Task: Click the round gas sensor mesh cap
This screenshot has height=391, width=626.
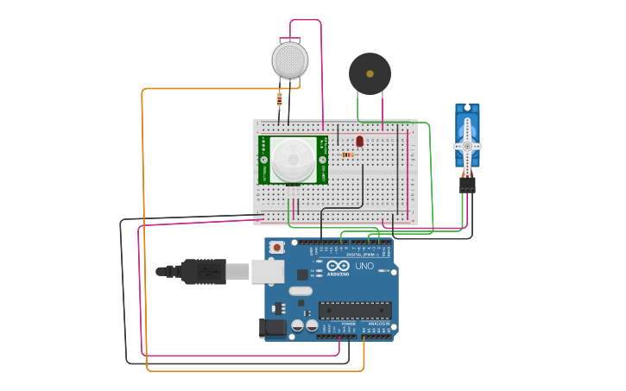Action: [289, 60]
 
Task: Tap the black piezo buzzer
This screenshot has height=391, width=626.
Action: [370, 74]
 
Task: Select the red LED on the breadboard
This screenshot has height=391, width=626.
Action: [360, 141]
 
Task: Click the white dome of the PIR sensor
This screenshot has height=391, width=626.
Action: [294, 160]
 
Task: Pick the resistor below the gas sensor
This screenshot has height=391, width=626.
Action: [279, 99]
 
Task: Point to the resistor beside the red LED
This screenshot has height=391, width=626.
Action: [348, 155]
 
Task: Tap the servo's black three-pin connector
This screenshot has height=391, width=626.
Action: [467, 184]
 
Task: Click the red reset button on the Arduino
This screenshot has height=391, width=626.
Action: [276, 248]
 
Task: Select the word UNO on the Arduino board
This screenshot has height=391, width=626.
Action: [364, 266]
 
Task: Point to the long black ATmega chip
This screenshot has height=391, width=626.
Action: [355, 310]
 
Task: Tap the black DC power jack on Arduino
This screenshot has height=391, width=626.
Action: [273, 327]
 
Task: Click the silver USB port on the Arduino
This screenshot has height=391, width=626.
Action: [268, 271]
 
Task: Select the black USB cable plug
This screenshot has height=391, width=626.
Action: [204, 271]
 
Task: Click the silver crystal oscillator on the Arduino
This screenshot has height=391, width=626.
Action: [300, 291]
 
